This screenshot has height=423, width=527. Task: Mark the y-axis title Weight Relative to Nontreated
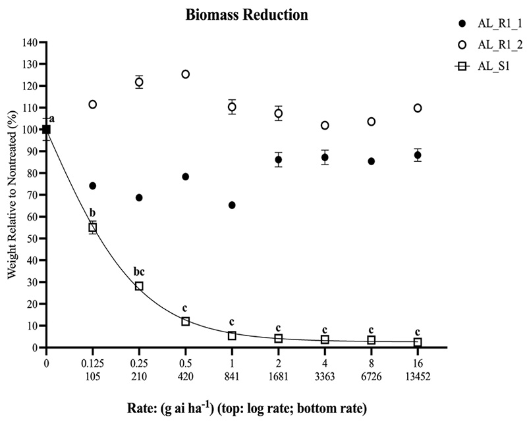pyautogui.click(x=13, y=194)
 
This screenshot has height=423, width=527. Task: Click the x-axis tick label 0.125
pyautogui.click(x=92, y=362)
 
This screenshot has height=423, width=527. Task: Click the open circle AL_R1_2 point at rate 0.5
pyautogui.click(x=185, y=74)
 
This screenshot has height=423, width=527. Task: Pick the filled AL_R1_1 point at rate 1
pyautogui.click(x=232, y=205)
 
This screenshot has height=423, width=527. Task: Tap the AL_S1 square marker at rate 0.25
pyautogui.click(x=139, y=286)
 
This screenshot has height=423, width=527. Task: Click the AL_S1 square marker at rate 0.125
pyautogui.click(x=93, y=227)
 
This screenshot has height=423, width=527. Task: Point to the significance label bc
pyautogui.click(x=139, y=270)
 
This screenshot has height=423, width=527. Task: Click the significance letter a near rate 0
pyautogui.click(x=51, y=119)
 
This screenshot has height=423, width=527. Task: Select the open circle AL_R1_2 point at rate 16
pyautogui.click(x=418, y=108)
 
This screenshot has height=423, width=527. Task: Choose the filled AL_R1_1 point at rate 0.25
pyautogui.click(x=139, y=197)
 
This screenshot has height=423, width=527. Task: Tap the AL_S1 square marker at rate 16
pyautogui.click(x=418, y=343)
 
